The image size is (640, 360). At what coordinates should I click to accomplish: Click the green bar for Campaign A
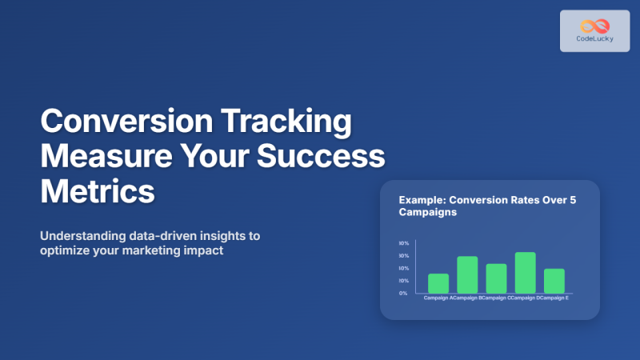pos(438,283)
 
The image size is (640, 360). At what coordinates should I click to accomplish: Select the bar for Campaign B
pos(467,274)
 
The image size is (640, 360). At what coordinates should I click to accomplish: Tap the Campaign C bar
pos(496,278)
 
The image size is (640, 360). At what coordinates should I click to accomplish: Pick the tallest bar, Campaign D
pos(525,273)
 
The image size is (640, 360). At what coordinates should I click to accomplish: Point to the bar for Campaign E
pos(554,281)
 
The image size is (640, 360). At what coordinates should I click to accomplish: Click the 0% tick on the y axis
pos(404,293)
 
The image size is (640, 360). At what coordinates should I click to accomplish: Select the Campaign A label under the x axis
pos(437,298)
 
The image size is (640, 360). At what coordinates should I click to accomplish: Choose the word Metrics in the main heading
pos(96,192)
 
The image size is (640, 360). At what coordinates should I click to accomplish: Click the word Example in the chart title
pos(422,201)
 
